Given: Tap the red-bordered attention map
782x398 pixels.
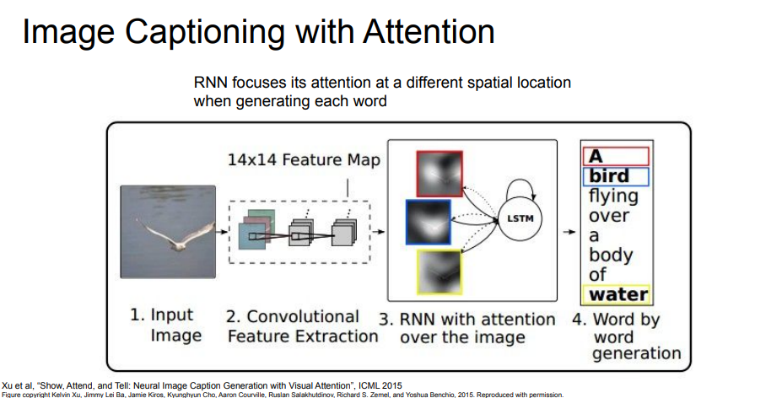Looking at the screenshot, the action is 439,175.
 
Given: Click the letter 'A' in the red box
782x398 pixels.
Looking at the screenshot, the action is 596,157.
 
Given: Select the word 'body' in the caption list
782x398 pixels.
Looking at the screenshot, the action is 610,255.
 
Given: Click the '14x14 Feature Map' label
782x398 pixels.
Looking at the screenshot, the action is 303,160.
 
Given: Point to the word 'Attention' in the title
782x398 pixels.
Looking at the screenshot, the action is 429,32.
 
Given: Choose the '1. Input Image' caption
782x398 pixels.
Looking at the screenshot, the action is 162,325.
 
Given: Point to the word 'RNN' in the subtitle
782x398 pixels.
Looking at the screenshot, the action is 212,83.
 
